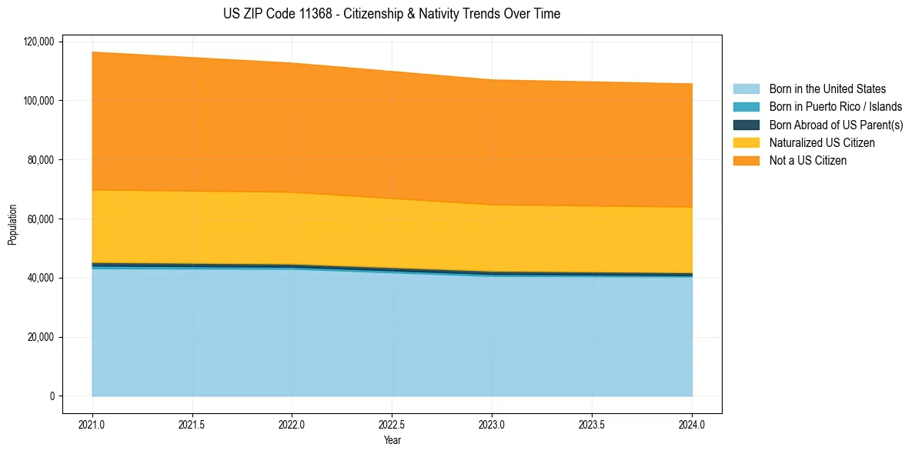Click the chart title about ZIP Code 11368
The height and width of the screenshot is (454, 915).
click(392, 14)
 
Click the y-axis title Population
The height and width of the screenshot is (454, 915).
click(12, 225)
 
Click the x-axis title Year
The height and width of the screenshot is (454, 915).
click(392, 440)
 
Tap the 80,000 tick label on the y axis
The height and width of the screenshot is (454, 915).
click(39, 160)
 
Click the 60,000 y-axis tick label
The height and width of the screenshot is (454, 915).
click(39, 219)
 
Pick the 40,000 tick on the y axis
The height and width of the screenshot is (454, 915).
click(39, 278)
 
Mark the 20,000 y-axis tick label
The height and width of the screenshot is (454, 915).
click(39, 337)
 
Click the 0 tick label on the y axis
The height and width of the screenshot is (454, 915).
click(52, 396)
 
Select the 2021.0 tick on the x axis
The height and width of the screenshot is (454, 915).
click(92, 424)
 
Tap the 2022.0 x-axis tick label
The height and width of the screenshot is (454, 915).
click(292, 424)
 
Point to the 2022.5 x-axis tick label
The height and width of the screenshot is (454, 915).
click(392, 424)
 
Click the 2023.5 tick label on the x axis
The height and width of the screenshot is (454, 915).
click(592, 424)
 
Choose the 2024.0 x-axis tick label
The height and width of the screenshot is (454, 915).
click(692, 424)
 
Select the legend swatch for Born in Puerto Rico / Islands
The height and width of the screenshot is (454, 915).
click(746, 107)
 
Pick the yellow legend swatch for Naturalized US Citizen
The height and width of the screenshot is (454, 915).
click(746, 142)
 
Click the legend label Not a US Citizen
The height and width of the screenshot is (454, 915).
click(807, 161)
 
